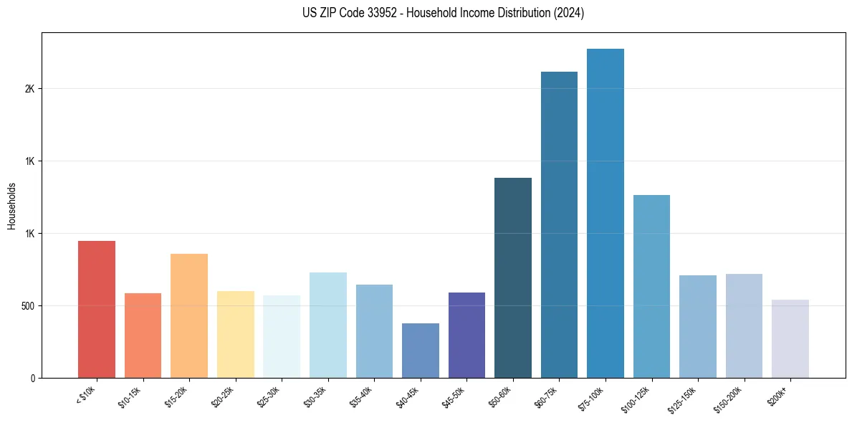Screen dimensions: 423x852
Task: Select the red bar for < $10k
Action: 97,309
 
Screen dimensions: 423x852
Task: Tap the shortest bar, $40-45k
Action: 421,351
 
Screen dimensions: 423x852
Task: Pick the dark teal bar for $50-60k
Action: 513,277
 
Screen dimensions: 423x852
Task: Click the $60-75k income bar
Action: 559,224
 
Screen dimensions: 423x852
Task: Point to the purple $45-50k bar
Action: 466,335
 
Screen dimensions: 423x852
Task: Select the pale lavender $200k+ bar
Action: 790,338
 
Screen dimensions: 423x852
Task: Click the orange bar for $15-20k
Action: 189,315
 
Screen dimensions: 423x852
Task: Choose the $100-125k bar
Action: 651,286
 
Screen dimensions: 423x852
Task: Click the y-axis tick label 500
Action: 27,306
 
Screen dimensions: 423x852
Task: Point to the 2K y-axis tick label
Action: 29,89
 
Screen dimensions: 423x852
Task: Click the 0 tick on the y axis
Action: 33,378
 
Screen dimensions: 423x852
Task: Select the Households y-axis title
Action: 11,205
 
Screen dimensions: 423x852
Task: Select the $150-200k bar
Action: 744,325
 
